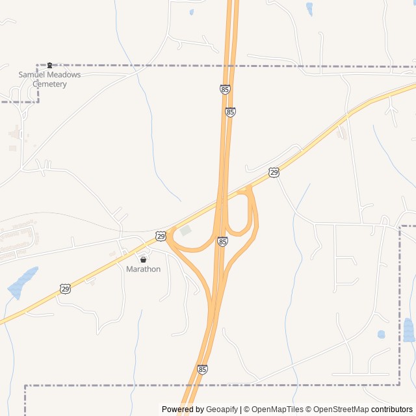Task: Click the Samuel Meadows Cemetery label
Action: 49,79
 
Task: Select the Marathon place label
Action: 143,269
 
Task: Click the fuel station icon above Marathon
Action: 143,259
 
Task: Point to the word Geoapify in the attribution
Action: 222,409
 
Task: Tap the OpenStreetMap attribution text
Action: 339,409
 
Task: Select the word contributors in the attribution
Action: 392,409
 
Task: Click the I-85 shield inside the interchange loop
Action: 222,241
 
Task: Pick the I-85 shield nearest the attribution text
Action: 203,369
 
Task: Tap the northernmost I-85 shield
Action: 225,90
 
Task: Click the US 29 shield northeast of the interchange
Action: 274,172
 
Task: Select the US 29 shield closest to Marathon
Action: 161,235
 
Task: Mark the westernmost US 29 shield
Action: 65,288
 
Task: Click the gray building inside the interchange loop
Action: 186,231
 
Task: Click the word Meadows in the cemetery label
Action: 65,75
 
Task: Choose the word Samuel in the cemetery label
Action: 32,75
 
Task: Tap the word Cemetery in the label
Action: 49,84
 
